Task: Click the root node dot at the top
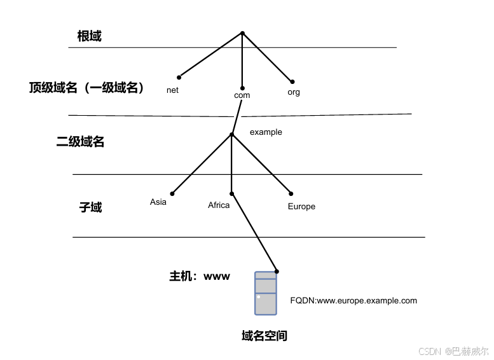[x=242, y=33]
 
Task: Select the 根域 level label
[x=90, y=36]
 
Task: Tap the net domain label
[x=172, y=90]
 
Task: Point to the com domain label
[x=242, y=95]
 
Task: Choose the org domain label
[x=294, y=92]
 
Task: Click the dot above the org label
[x=292, y=81]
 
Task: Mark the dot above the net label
[x=179, y=78]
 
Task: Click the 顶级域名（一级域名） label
[x=87, y=88]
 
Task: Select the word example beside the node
[x=266, y=132]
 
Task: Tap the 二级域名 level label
[x=81, y=142]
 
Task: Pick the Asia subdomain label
[x=158, y=202]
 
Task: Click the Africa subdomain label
[x=219, y=205]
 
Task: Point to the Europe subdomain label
[x=301, y=207]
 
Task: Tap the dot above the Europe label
[x=291, y=193]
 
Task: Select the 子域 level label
[x=90, y=207]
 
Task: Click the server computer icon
[x=266, y=293]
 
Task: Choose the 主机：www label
[x=199, y=277]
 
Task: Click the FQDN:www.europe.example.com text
[x=353, y=300]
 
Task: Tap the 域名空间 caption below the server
[x=264, y=335]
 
